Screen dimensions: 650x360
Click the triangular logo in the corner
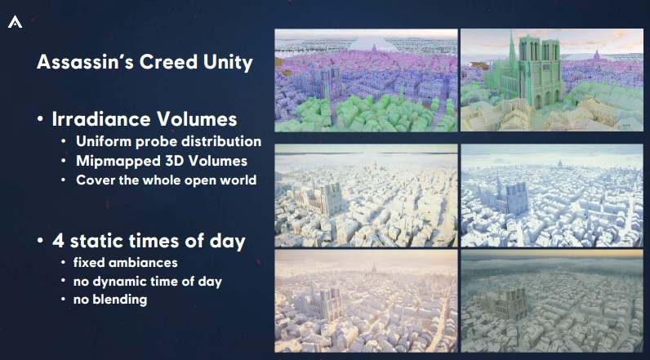click(x=15, y=22)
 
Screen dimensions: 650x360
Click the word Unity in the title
click(x=228, y=63)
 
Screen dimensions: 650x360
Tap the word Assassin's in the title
click(x=85, y=62)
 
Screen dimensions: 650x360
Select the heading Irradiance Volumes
click(x=145, y=119)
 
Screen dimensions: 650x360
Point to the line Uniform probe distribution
click(x=168, y=141)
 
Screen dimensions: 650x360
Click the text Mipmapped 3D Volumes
click(x=161, y=161)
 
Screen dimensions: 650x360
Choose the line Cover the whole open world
click(x=166, y=180)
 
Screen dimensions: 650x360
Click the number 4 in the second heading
click(x=59, y=241)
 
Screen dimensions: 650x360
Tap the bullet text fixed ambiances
click(x=125, y=263)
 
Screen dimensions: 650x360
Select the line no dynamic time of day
click(x=148, y=282)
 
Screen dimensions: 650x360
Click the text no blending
click(x=110, y=300)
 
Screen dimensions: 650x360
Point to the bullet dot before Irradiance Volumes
click(x=40, y=119)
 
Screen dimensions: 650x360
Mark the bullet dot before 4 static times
click(x=40, y=241)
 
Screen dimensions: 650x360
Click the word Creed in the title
click(x=168, y=62)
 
